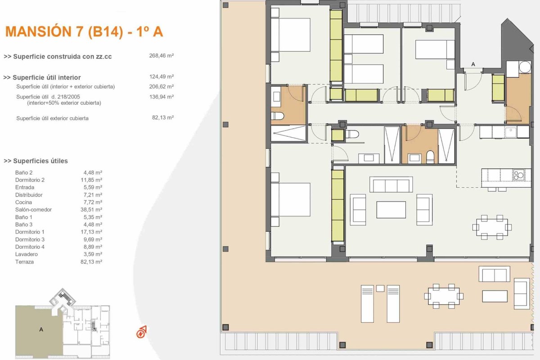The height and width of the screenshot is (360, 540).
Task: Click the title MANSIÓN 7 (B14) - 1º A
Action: pos(84,31)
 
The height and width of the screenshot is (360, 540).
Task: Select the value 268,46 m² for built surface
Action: pos(161,56)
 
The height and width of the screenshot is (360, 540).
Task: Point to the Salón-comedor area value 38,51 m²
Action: pos(91,210)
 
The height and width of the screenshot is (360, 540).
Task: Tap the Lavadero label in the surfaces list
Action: pos(27,254)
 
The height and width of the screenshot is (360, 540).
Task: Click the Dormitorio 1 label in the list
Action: pos(30,232)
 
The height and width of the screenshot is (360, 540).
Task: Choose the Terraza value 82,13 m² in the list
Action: pos(91,261)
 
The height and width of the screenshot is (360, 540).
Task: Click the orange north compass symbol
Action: pos(141,332)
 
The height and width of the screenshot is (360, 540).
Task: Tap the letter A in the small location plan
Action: pos(41,329)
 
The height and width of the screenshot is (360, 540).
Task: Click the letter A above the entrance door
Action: pos(473,64)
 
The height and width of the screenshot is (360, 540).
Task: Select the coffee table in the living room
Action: pos(391,210)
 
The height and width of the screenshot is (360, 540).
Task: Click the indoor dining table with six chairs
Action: pos(492,227)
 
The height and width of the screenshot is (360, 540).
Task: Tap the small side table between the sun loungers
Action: pos(380,288)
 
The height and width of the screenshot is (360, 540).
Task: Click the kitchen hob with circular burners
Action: pos(518,175)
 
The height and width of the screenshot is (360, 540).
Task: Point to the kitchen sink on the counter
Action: pos(511,132)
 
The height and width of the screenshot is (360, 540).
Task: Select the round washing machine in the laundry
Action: pos(525,67)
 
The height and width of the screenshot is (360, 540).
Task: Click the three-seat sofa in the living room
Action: pos(391,184)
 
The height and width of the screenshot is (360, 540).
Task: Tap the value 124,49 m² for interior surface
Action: pos(161,76)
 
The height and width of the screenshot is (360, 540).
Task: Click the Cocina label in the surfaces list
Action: pos(23,202)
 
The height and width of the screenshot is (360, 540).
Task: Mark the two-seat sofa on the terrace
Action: pos(494,274)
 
